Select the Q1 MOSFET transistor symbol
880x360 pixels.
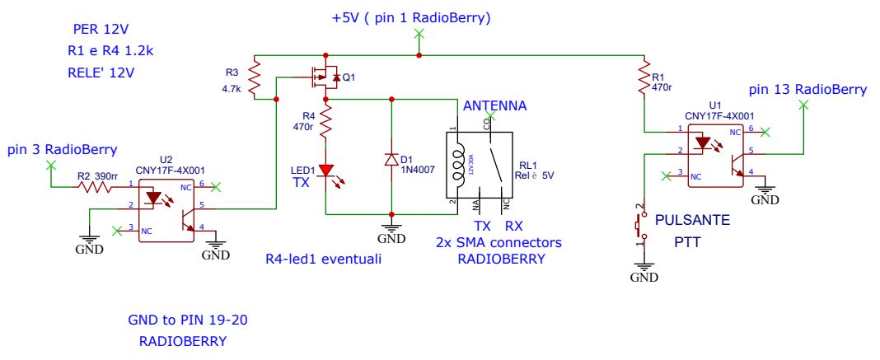coord(325,79)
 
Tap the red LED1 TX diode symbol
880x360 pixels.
coord(327,171)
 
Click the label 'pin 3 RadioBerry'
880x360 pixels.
coord(62,149)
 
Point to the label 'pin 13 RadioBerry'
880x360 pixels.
coord(807,89)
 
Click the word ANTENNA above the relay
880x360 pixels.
coord(494,106)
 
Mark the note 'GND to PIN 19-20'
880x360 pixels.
coord(180,320)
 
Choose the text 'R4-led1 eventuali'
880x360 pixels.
coord(318,259)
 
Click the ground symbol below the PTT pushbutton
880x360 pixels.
coord(644,268)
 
